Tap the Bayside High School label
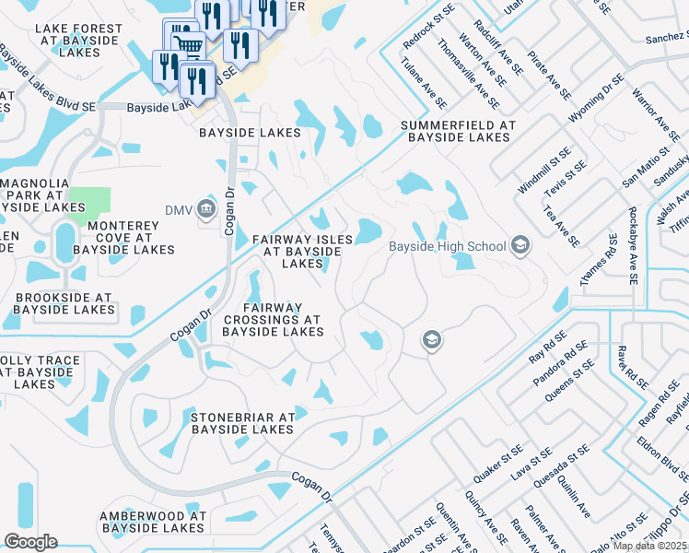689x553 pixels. (447, 246)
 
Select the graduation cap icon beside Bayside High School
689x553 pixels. (520, 245)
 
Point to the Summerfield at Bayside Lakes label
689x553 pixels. (456, 131)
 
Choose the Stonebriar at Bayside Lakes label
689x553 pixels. (241, 423)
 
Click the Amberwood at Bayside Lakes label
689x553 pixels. (153, 522)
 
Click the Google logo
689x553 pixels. (31, 542)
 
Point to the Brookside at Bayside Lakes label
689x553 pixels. (64, 304)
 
